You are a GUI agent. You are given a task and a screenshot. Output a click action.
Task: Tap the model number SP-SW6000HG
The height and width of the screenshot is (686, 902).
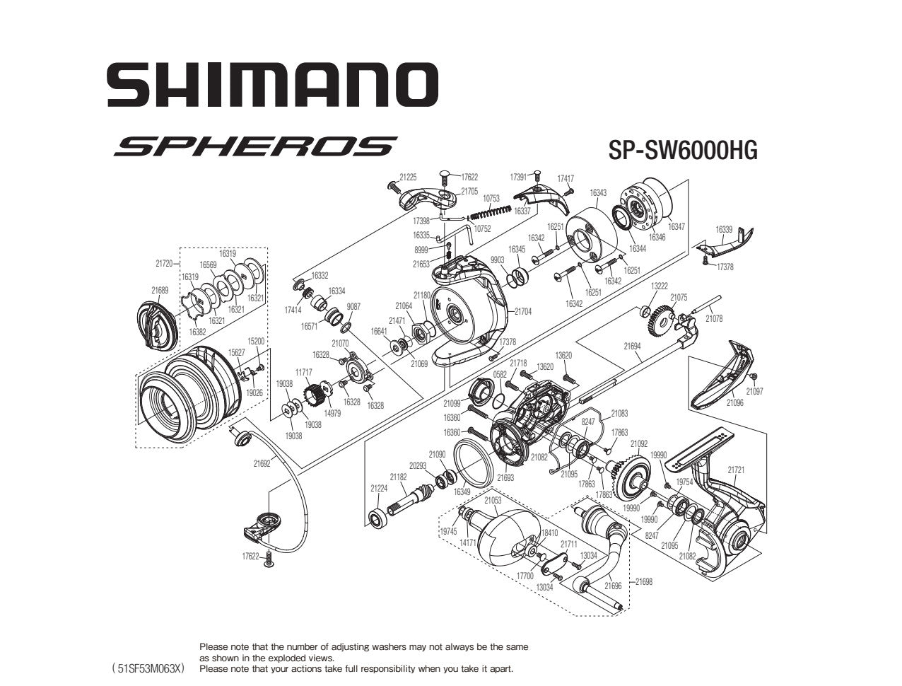682,150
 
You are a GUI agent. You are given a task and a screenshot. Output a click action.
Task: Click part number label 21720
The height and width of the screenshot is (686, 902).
164,263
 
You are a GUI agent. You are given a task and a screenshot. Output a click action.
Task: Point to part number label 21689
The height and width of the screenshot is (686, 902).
160,290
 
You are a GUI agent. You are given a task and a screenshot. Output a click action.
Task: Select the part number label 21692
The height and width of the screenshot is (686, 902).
262,464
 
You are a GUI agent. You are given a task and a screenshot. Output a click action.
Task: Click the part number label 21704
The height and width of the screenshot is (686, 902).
523,311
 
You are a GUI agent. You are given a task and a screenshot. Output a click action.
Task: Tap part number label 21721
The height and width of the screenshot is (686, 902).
736,469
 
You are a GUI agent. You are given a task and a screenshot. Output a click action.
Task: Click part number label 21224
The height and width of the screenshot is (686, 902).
379,488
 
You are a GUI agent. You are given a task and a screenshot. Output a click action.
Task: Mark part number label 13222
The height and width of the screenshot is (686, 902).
659,286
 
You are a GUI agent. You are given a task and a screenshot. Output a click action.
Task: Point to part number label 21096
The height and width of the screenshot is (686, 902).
734,403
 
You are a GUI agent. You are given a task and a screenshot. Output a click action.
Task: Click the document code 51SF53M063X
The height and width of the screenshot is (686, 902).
148,668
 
